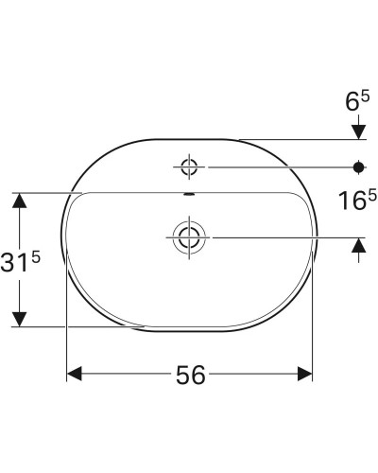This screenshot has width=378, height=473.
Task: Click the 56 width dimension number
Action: tap(190, 375)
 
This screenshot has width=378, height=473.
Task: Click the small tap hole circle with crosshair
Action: tap(189, 167)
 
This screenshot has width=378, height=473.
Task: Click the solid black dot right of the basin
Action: tap(358, 167)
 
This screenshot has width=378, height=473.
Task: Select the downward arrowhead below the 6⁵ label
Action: tap(358, 131)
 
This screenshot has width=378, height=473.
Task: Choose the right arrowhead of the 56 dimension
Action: tap(305, 375)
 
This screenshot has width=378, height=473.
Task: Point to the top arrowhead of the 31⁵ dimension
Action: tap(17, 201)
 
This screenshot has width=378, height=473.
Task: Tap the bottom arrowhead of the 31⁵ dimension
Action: tap(17, 319)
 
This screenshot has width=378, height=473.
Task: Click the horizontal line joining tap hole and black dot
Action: tap(274, 167)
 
